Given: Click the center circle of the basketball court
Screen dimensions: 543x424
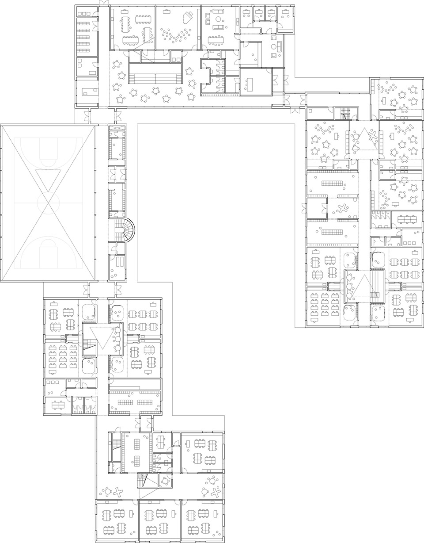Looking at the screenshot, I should point(48,203).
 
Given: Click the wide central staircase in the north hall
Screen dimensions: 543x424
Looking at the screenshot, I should point(155,73).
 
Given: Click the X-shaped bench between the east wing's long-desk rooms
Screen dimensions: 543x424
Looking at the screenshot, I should point(342,208).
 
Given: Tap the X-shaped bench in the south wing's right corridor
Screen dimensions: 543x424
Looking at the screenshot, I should point(216,491).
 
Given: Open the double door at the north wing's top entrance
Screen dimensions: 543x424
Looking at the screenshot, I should point(103,4).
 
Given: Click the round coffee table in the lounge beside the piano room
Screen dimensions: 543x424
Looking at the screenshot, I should point(218,19).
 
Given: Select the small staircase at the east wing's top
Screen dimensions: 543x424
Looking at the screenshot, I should point(344,115).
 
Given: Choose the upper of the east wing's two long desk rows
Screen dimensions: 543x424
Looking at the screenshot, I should point(332,183).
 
